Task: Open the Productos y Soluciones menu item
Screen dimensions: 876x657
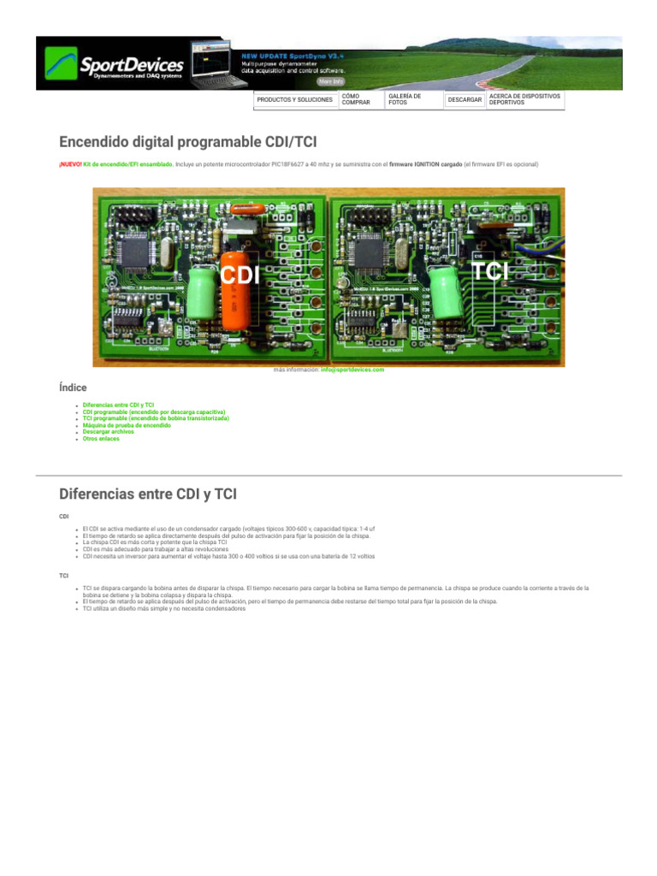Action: coord(294,100)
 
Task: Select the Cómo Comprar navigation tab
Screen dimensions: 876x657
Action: coord(356,100)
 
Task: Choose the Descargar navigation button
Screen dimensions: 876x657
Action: coord(465,100)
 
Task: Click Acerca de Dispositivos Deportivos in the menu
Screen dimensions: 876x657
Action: coord(524,100)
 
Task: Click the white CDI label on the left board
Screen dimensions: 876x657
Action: coord(240,275)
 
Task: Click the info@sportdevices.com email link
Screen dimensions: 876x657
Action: coord(352,370)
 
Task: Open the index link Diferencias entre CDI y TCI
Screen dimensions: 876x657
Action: coord(118,405)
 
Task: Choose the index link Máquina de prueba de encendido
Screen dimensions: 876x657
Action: coord(127,425)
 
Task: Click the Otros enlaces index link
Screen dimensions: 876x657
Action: coord(103,439)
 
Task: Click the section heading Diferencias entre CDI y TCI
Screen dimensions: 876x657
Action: coord(147,494)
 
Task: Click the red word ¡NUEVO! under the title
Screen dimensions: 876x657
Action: coord(69,164)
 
